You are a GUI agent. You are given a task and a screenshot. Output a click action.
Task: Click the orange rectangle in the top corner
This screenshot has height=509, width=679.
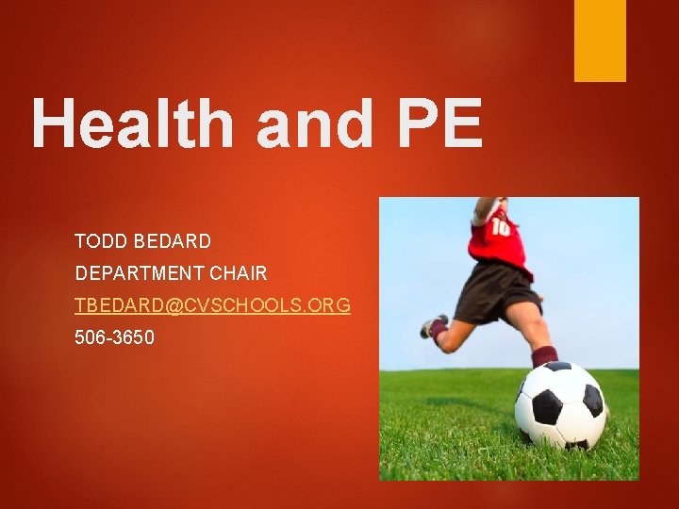point(600,40)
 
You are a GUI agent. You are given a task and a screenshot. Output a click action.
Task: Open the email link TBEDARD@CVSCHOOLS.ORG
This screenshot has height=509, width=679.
point(212,305)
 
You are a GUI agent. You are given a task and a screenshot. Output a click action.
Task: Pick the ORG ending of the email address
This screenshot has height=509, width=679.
point(329,305)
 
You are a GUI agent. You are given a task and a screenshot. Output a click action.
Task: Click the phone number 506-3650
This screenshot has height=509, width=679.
point(114,337)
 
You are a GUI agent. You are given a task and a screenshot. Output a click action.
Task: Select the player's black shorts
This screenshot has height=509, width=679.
point(495,291)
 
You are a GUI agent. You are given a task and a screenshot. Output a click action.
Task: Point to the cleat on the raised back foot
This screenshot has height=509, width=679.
point(433,327)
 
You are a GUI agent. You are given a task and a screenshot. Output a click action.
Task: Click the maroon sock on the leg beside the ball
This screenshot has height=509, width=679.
point(544,356)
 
